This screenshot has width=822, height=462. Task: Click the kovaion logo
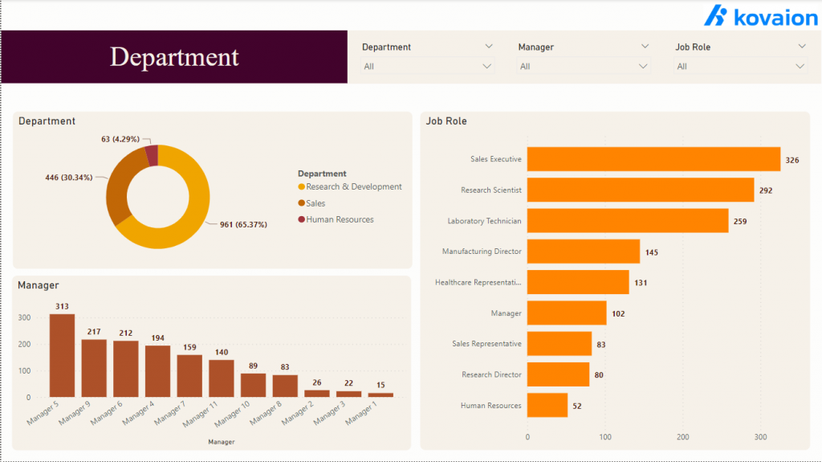(x=760, y=16)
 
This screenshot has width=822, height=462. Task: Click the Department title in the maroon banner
(x=174, y=57)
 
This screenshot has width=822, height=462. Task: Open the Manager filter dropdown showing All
(x=584, y=67)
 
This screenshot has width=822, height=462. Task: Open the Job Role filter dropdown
(x=739, y=67)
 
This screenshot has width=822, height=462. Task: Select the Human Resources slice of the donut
(x=152, y=154)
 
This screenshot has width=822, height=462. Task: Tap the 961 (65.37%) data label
(x=243, y=225)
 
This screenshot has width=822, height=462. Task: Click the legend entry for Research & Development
(x=353, y=187)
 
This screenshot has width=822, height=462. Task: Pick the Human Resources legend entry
(x=339, y=219)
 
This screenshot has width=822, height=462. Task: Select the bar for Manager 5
(x=62, y=355)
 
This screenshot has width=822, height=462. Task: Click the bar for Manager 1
(x=380, y=395)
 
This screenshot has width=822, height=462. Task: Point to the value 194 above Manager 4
(x=157, y=338)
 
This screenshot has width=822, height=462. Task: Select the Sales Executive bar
(x=653, y=159)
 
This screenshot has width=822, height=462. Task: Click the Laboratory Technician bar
(x=627, y=221)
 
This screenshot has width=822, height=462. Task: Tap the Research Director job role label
(x=491, y=375)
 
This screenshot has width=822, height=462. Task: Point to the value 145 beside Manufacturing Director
(x=651, y=252)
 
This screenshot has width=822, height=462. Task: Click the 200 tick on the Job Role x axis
(x=682, y=438)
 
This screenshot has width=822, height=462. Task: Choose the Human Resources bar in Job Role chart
(x=547, y=406)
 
